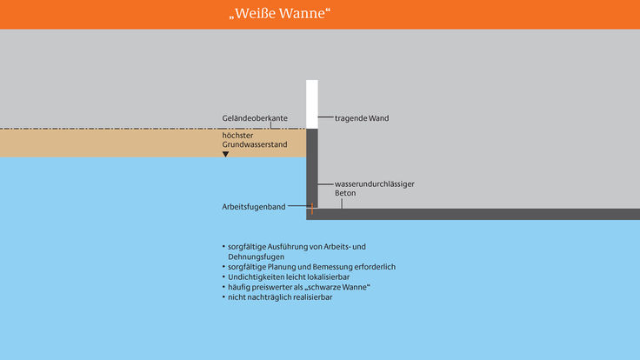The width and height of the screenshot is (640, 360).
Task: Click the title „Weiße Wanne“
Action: pyautogui.click(x=280, y=13)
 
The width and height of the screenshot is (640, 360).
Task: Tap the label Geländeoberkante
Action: pyautogui.click(x=255, y=118)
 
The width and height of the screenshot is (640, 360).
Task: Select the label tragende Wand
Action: pyautogui.click(x=362, y=118)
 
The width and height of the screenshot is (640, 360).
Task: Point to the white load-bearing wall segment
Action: pyautogui.click(x=312, y=104)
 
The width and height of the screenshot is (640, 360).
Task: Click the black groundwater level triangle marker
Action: pyautogui.click(x=226, y=154)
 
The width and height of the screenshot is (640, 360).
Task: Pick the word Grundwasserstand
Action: pyautogui.click(x=255, y=144)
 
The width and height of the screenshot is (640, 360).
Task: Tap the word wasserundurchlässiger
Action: pyautogui.click(x=374, y=184)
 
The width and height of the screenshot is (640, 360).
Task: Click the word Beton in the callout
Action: pyautogui.click(x=345, y=193)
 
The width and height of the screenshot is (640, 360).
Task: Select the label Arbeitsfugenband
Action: pyautogui.click(x=253, y=207)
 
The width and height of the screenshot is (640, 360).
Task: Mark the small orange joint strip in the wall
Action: pyautogui.click(x=312, y=209)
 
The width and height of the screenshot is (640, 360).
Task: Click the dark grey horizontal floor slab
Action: pyautogui.click(x=473, y=214)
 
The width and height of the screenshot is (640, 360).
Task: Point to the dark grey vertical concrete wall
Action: pyautogui.click(x=312, y=169)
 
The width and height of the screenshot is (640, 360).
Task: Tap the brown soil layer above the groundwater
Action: pyautogui.click(x=153, y=143)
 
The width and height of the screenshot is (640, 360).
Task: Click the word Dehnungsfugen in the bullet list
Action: pyautogui.click(x=256, y=257)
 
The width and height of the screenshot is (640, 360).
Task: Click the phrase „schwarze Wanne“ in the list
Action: pyautogui.click(x=337, y=287)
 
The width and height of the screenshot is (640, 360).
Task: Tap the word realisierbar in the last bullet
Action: pyautogui.click(x=312, y=297)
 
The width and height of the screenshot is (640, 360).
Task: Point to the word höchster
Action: pyautogui.click(x=237, y=136)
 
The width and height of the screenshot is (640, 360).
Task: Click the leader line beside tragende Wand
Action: pyautogui.click(x=325, y=117)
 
